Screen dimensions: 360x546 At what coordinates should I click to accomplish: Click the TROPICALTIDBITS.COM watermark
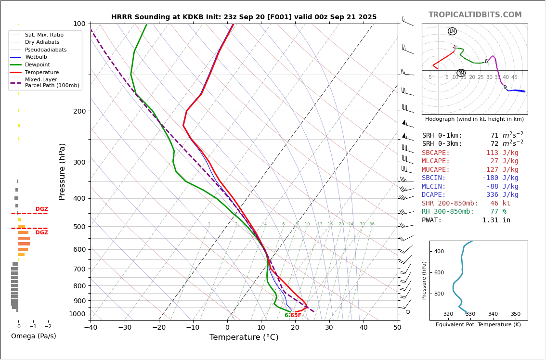tap(475, 15)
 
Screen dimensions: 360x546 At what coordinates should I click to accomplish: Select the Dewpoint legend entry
tap(38, 65)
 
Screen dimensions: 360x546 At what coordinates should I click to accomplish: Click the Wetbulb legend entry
tap(36, 57)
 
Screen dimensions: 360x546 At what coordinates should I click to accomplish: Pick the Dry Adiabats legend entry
tap(42, 42)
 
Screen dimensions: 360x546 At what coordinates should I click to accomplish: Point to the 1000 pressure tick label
tap(77, 314)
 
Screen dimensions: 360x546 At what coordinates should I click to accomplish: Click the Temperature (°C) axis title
tap(244, 337)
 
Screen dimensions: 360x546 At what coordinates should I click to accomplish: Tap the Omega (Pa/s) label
tap(33, 336)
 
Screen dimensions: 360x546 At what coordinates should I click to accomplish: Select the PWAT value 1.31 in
tap(496, 220)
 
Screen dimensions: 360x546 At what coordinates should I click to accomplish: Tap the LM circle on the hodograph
tap(452, 31)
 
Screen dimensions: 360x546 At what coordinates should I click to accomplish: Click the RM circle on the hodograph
tap(461, 73)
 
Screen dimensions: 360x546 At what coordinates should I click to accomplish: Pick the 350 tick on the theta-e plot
tap(515, 314)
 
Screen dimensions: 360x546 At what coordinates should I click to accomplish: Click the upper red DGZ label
tap(41, 209)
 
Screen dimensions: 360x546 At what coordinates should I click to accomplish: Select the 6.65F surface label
tap(293, 316)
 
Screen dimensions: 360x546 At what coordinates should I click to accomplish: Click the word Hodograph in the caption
tap(440, 119)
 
